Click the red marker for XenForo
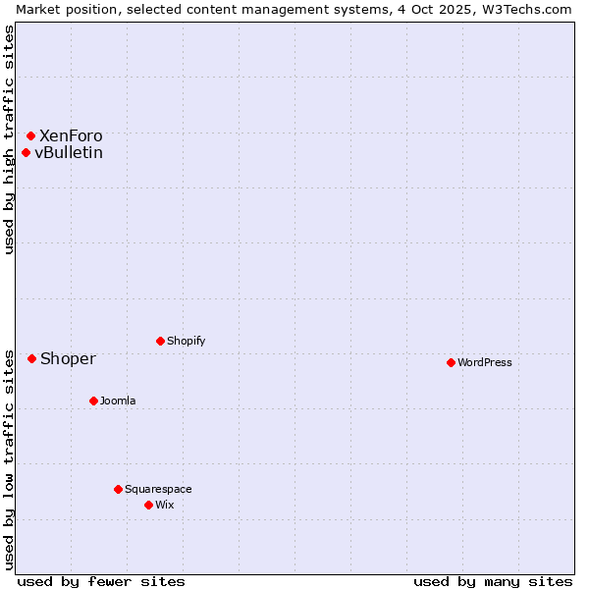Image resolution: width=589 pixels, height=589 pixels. click(x=31, y=135)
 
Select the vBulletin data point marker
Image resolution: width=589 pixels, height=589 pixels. click(x=27, y=152)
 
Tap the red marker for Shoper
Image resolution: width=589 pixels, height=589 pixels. click(x=32, y=358)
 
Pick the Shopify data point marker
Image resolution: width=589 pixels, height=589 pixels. click(x=160, y=341)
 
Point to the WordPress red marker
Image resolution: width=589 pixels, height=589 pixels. click(x=451, y=362)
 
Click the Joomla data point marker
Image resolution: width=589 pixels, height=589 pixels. click(x=93, y=401)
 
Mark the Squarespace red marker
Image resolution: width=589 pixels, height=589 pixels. click(x=118, y=489)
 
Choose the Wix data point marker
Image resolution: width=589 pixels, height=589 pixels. click(x=148, y=505)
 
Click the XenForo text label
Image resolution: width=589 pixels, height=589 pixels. click(x=71, y=135)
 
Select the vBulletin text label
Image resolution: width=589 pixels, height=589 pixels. click(x=69, y=152)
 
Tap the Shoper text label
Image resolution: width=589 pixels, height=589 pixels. click(x=68, y=358)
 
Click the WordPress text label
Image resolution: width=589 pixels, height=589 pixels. click(x=485, y=362)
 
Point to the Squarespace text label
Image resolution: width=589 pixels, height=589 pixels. click(x=158, y=489)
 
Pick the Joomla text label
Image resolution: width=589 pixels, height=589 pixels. click(x=118, y=401)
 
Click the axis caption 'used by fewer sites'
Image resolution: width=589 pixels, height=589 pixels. click(x=101, y=581)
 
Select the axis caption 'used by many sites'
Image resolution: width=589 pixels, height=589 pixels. click(x=493, y=581)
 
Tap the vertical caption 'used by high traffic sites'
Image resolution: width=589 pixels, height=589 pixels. click(x=9, y=139)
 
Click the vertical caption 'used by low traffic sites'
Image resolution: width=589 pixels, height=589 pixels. click(x=9, y=458)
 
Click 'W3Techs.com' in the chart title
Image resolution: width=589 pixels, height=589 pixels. click(x=531, y=9)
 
